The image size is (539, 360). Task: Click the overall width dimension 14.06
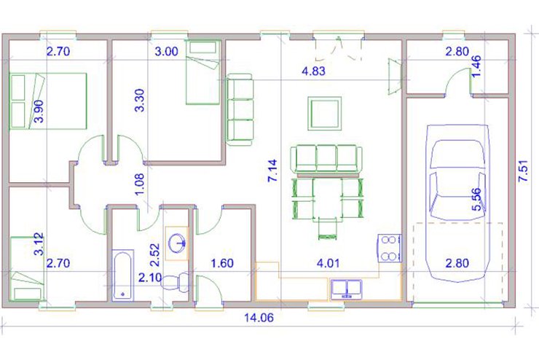point(259,317)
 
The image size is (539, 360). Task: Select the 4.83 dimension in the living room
point(313,71)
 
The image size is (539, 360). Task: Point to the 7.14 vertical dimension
point(272,171)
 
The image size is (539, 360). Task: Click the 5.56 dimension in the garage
point(477,199)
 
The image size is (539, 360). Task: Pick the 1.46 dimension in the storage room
point(477,66)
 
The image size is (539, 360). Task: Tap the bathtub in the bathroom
point(122,275)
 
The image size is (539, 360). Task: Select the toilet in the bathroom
point(176,281)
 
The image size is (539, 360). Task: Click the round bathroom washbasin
point(177,243)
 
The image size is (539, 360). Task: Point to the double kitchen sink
point(347,289)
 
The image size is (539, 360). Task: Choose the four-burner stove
point(390,249)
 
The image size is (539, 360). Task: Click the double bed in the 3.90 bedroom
point(48,101)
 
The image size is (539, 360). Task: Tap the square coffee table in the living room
point(325,114)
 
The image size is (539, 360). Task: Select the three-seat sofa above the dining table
point(326,159)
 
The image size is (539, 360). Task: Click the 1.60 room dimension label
point(222,263)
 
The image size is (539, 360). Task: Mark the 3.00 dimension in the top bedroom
point(166,52)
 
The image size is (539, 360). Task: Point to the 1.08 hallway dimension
point(140,184)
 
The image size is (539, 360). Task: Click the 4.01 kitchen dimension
point(328,263)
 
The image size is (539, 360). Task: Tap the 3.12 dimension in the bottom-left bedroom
point(39,244)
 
